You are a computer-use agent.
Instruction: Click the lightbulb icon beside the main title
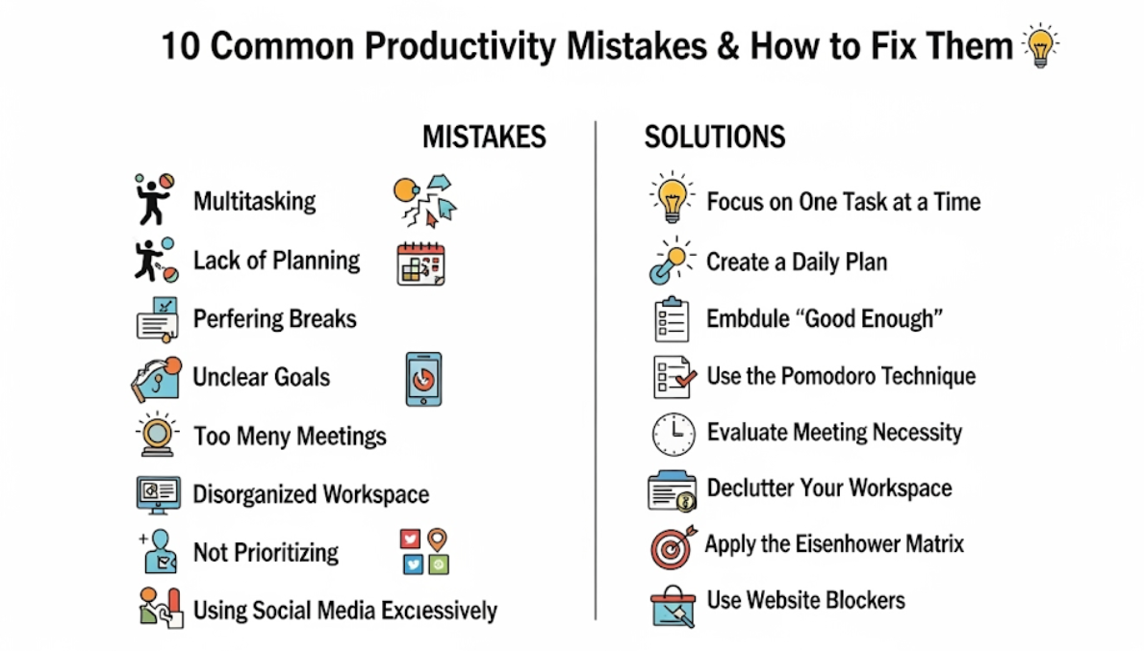click(1040, 45)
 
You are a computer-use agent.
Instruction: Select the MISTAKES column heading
click(484, 138)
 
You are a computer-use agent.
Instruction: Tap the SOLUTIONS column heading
click(714, 138)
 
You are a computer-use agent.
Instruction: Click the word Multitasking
click(255, 201)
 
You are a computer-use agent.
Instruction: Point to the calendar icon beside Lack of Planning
click(421, 263)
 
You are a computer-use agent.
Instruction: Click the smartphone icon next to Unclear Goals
click(424, 379)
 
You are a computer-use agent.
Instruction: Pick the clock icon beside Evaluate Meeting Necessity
click(673, 434)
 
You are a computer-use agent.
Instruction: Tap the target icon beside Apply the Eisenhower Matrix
click(673, 547)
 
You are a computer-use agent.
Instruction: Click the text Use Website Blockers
click(805, 600)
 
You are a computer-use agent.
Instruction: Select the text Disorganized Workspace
click(311, 494)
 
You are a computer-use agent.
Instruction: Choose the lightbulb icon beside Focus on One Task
click(672, 197)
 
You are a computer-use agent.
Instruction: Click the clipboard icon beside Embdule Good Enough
click(672, 319)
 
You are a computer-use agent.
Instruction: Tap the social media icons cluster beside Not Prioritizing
click(424, 552)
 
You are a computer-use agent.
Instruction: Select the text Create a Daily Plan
click(797, 262)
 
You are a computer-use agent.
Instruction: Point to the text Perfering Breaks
click(275, 318)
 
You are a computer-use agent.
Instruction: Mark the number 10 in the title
click(180, 46)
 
